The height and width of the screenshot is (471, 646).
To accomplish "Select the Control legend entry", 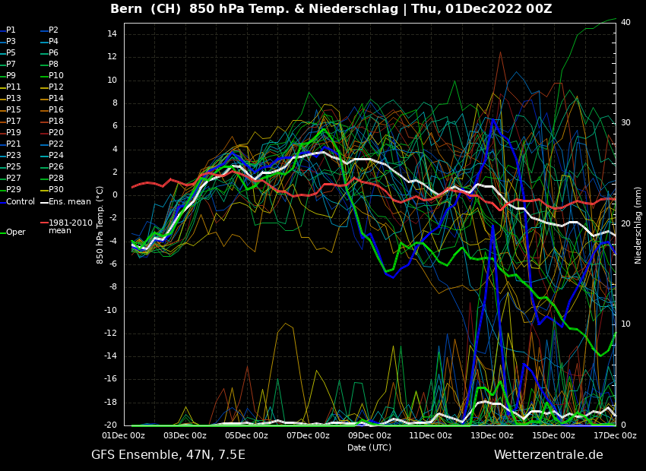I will (20, 201).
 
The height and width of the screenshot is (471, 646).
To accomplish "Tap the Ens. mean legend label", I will (69, 201).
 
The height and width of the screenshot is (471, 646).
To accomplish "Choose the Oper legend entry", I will (15, 232).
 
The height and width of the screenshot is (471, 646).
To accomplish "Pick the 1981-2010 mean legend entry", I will (70, 226).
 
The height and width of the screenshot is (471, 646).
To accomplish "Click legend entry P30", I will (55, 190).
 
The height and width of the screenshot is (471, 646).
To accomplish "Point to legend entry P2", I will (53, 30).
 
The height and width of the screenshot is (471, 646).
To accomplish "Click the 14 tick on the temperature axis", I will (111, 34).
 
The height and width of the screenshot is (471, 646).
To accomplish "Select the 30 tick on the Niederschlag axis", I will (625, 123).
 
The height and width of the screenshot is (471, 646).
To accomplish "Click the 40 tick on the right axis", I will (625, 23).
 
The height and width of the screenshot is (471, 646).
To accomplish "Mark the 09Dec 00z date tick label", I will (369, 436).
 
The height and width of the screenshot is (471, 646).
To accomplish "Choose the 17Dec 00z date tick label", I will (615, 436).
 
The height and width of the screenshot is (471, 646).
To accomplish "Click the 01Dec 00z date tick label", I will (124, 436).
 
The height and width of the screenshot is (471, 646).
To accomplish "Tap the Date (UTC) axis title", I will (369, 447).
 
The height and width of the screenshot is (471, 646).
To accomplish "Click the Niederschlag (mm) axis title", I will (638, 225).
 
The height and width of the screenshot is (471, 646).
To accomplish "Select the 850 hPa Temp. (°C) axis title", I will (100, 225).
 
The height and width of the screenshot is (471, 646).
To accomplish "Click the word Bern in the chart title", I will (126, 9).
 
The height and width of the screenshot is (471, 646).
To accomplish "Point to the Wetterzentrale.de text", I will (548, 455).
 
